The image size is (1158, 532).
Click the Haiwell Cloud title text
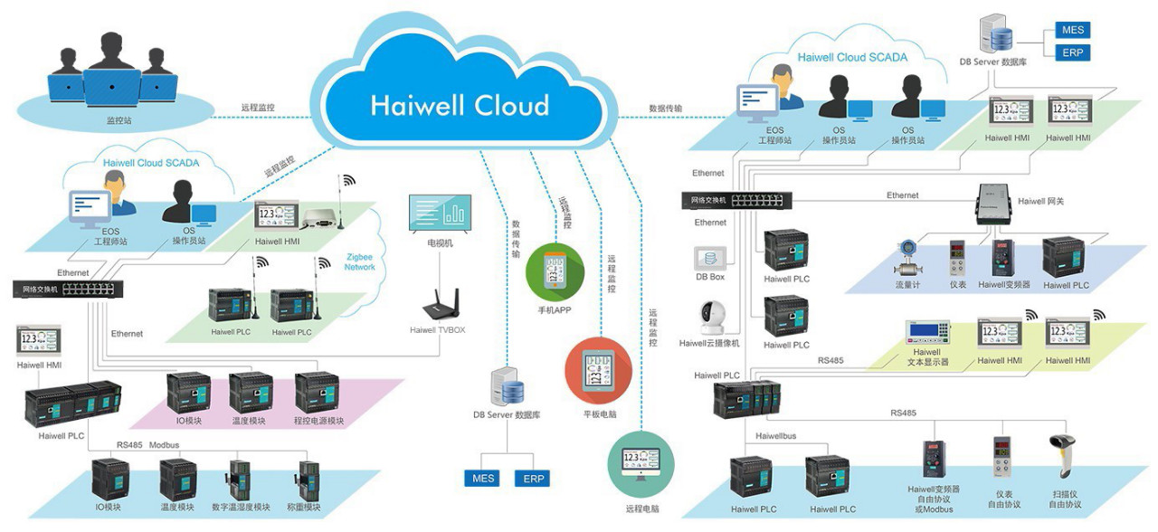[460, 105]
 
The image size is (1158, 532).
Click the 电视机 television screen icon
[440, 214]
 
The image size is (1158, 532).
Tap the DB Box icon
[710, 257]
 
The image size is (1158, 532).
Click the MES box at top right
[1074, 31]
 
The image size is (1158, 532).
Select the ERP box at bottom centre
[535, 478]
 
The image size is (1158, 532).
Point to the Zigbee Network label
[359, 261]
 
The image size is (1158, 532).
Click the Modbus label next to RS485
[165, 444]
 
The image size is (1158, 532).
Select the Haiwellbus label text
[776, 436]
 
